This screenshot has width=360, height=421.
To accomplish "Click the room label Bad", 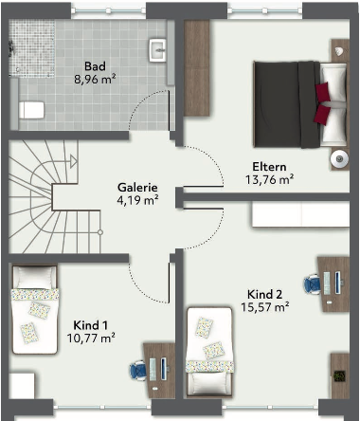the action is pos(95,66).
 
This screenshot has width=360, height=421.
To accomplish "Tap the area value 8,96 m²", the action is pos(95,79).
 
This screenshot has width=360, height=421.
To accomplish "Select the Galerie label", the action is pos(137,187).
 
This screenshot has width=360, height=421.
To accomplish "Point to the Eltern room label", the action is pos(269,167).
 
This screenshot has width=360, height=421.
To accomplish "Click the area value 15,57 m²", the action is pos(265,307).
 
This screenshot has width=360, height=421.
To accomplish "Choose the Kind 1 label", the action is pos(91,325).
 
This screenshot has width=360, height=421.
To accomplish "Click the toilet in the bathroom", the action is pos(31,110).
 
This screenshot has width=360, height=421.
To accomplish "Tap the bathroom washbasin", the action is pos(157,50).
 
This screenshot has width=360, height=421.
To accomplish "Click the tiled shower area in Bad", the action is pos(32,47).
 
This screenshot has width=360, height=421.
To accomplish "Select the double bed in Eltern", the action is pos(300,104).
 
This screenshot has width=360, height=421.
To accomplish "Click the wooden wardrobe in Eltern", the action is pos(197,68).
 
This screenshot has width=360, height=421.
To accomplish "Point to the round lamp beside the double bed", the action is pos(339,158).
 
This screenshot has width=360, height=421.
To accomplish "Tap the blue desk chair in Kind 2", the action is pos(313,284).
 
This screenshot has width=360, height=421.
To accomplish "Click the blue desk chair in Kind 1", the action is pos(138,371).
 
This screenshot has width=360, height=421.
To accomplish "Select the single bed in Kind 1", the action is pos(35,309).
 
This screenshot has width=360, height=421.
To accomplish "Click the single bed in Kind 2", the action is pos(209,352).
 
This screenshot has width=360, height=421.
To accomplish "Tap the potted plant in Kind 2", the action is pos(339,376).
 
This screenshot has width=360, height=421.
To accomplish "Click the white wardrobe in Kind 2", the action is pos(300,214).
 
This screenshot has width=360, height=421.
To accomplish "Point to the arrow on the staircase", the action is pos(74,161).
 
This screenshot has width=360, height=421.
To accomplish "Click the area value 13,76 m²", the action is pos(269,180).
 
